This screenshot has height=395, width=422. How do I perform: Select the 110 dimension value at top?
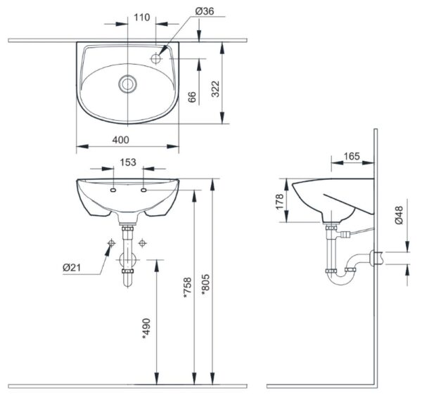143,17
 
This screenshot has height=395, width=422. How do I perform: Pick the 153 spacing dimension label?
128,162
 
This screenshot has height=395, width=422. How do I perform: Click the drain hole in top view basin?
127,83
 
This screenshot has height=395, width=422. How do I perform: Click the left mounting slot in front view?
113,190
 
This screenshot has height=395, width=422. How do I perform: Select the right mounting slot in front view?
144,190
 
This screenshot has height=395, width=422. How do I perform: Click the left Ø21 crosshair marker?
111,243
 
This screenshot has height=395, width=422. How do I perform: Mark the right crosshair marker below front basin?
143,243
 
